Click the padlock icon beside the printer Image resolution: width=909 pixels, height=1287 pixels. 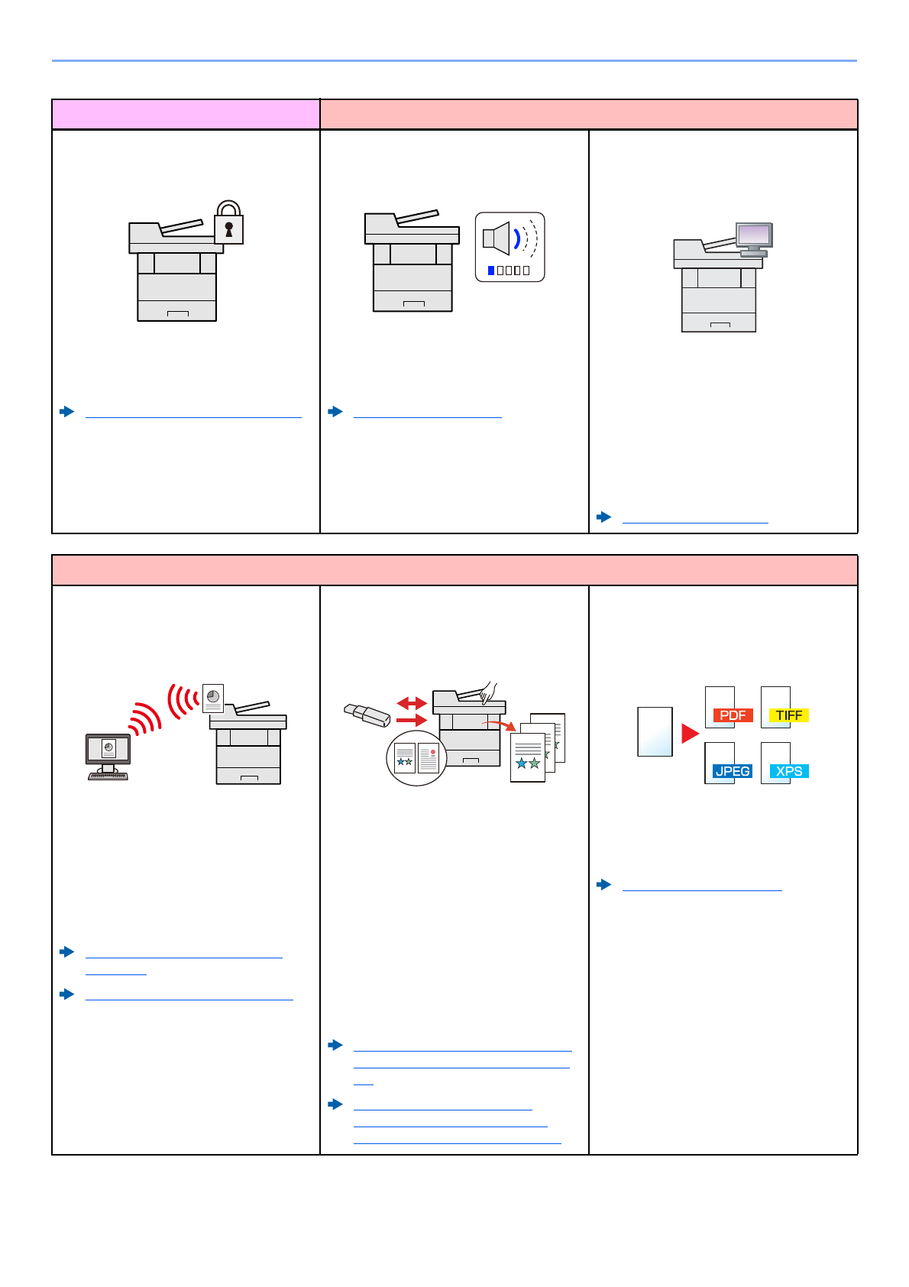pos(228,223)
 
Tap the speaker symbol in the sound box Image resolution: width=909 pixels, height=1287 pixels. pos(497,238)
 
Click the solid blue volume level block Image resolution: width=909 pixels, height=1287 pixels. pos(491,271)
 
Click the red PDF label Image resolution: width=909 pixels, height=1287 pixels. pos(733,715)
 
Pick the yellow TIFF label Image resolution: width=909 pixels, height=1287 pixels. pos(788,715)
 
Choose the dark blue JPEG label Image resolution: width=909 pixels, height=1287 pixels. pos(732,771)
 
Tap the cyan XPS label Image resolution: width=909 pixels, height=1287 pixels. pos(788,771)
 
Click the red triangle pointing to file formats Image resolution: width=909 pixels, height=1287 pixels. pos(690,734)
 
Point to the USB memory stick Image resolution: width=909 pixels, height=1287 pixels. pos(367,715)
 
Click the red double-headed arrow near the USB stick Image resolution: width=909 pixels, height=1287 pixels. pos(412,702)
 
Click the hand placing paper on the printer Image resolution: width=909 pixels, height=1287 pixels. pos(488,692)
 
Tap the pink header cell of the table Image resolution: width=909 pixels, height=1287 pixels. pos(186,115)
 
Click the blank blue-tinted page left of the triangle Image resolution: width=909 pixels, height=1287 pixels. pos(655,731)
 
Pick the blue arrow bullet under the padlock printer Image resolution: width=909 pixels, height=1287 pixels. pos(67,412)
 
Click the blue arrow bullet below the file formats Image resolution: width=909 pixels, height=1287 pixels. pos(604,885)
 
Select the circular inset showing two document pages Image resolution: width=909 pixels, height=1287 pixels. pos(416,758)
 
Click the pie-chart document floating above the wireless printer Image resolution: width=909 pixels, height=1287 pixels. pos(213,698)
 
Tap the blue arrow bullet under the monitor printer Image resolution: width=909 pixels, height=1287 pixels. pos(604,517)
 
